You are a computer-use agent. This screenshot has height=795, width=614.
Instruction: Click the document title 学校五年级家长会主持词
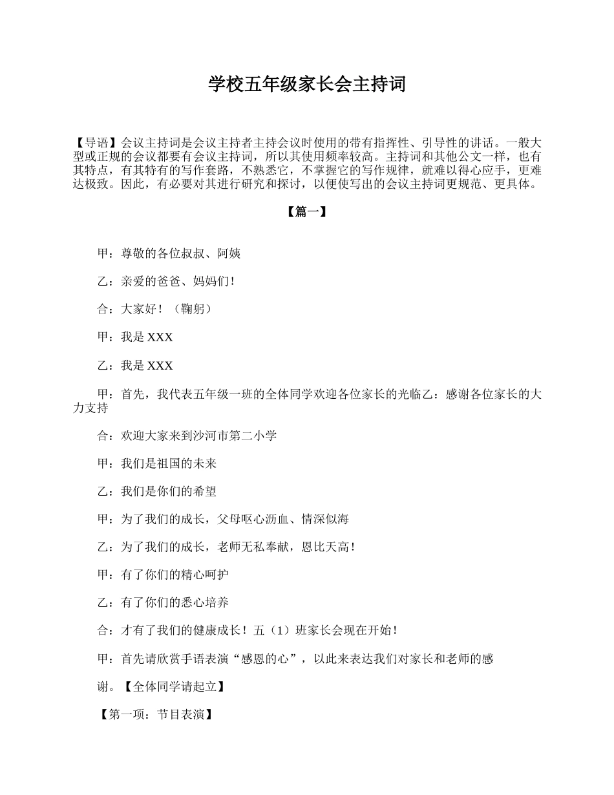[x=307, y=84]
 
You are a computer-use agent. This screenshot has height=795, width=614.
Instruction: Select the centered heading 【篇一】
[x=306, y=212]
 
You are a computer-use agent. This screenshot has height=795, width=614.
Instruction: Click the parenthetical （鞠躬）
[x=193, y=310]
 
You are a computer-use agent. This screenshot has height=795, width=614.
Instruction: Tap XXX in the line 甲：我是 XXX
[x=160, y=337]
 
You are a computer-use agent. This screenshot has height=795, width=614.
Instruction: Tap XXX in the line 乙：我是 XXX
[x=160, y=366]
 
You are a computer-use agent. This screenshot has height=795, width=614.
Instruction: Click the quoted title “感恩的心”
[x=269, y=659]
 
